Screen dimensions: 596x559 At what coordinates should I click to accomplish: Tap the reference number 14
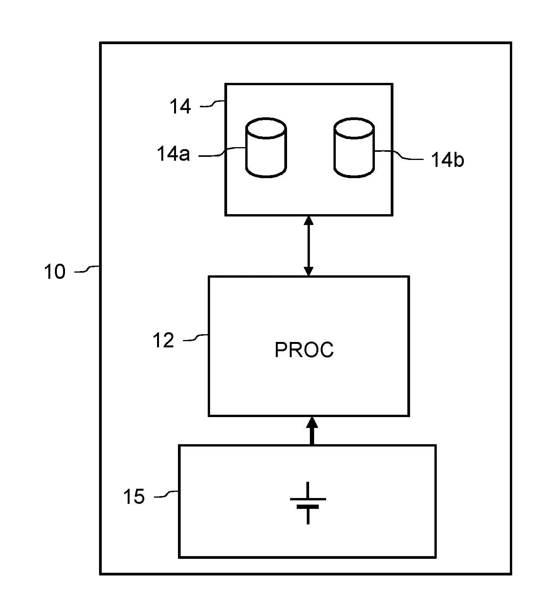coord(180,106)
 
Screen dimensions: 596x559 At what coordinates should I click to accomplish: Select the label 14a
coord(173,154)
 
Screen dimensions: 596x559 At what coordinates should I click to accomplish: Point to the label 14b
coord(448,160)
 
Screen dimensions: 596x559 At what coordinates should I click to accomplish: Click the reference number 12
coord(163,340)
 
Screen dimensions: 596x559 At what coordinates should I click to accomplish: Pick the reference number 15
coord(134,496)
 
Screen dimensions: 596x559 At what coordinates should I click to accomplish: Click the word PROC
coord(304,350)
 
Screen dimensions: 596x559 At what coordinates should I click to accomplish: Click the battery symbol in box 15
coord(308,503)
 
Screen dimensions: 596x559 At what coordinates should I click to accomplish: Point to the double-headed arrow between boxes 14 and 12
coord(308,246)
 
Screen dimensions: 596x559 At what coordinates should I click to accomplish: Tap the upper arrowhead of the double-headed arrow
coord(308,221)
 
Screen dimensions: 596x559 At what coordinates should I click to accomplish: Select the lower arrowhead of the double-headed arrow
coord(308,270)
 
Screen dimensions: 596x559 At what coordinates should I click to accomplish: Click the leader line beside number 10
coord(87,269)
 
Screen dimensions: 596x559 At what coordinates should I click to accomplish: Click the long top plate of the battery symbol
coord(308,499)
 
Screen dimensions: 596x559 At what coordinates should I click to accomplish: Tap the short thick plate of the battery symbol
coord(308,507)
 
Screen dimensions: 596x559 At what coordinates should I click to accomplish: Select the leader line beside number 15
coord(167,494)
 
